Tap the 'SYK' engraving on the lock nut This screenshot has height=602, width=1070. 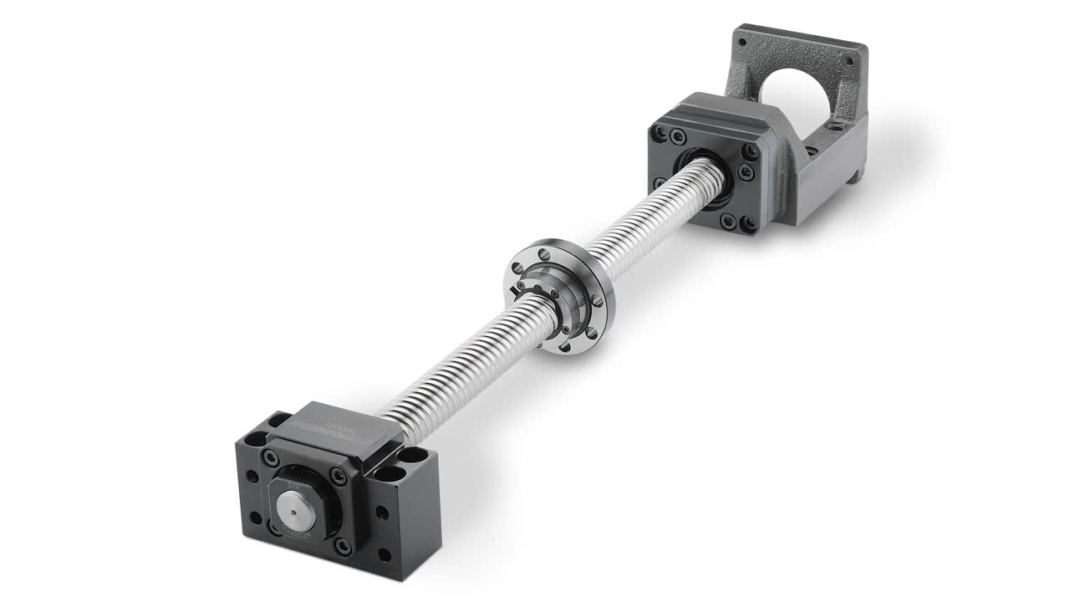coord(293,483)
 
